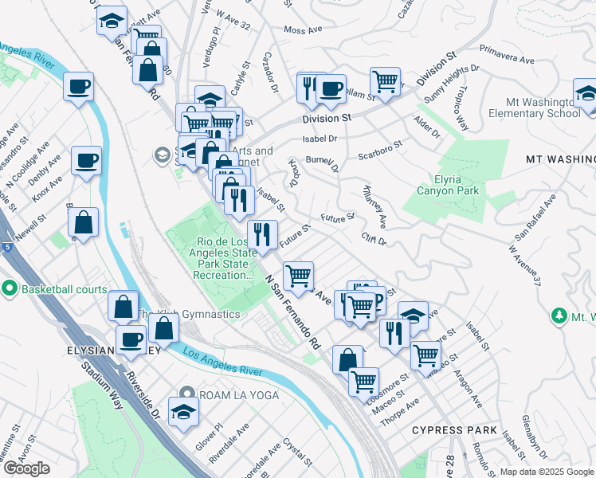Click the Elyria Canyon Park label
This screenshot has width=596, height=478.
click(448, 184)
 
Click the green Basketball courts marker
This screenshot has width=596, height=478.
click(10, 288)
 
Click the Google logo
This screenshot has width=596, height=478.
click(26, 468)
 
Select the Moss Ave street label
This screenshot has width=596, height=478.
click(302, 30)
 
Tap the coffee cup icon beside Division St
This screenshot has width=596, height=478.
click(331, 88)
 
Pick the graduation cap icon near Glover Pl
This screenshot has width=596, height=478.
click(183, 412)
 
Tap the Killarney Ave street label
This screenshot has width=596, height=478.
click(374, 206)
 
